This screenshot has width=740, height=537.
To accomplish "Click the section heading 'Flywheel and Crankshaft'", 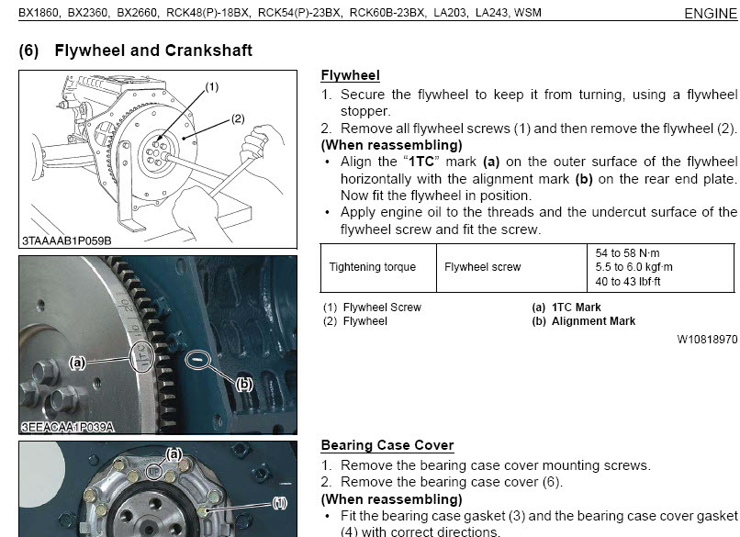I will point(152,50).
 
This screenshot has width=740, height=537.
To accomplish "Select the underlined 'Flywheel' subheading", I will point(350,75).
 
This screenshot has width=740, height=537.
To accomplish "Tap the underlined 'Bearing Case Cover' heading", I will point(387,445).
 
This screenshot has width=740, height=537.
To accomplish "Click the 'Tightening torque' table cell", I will point(372,267).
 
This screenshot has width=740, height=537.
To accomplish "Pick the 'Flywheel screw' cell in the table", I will point(482,267).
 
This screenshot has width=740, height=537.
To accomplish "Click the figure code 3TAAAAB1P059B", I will point(66,241).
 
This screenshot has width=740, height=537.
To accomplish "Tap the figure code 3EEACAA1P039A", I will point(67,427).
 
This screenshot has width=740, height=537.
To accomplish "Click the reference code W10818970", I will point(707,339).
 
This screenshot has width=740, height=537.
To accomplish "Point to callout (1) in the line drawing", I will point(211,87).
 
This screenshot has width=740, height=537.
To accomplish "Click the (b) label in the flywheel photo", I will point(243,385).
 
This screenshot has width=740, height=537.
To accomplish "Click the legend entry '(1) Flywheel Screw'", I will point(372,308).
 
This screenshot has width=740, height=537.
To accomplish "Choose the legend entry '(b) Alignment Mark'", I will point(584,321).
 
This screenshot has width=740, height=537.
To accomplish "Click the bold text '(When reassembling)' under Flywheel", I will point(391,145).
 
